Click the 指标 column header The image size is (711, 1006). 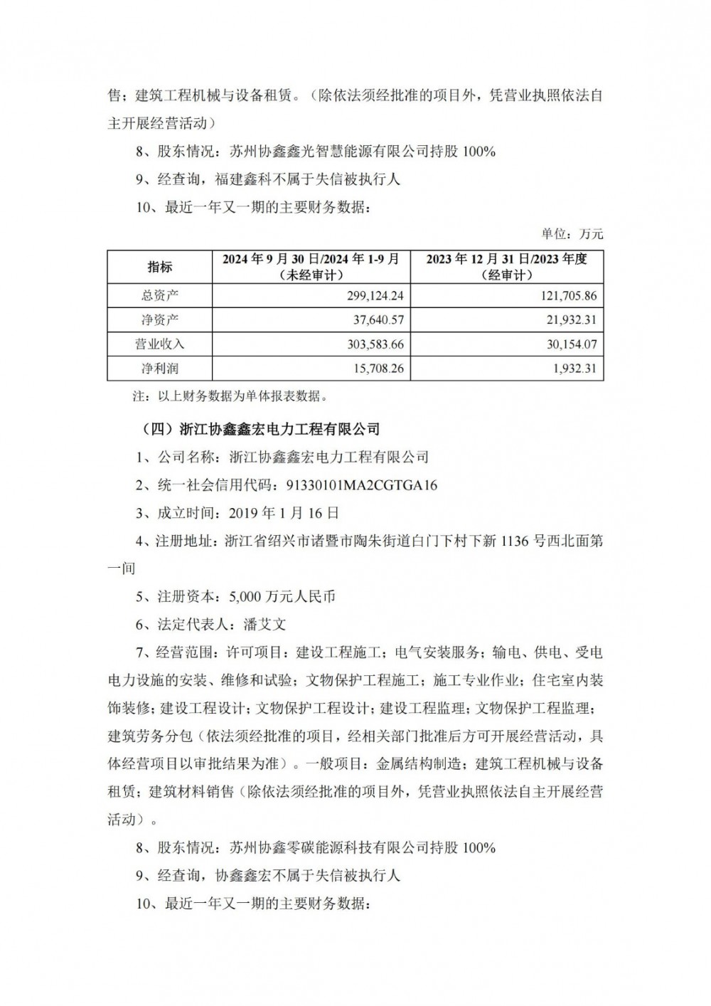pyautogui.click(x=160, y=268)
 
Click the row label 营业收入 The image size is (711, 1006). pyautogui.click(x=160, y=344)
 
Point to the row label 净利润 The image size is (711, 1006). pyautogui.click(x=160, y=369)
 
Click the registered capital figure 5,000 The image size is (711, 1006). pyautogui.click(x=242, y=596)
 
